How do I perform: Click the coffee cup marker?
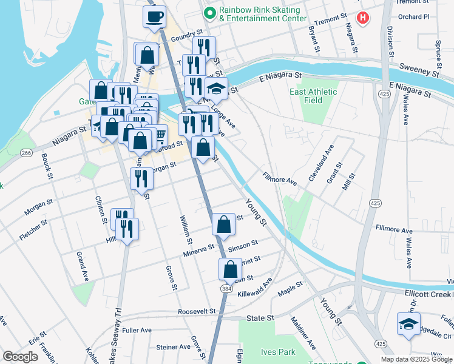154,16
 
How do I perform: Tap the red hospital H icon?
363,18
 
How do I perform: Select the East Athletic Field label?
313,96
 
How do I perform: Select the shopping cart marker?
160,134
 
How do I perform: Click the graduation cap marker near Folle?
408,324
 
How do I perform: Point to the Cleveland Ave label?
321,163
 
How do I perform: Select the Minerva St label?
199,249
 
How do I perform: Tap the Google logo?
20,357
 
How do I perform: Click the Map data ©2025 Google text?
417,359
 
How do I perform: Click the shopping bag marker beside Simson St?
224,224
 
